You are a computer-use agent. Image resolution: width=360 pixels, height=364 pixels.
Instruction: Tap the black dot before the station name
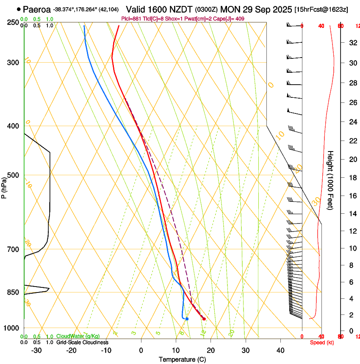[19, 9]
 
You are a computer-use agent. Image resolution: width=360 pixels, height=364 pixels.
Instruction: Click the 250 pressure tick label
[13, 22]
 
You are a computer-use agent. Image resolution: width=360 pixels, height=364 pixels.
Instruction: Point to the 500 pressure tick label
[13, 175]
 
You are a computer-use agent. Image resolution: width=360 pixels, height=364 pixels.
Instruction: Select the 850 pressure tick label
[13, 292]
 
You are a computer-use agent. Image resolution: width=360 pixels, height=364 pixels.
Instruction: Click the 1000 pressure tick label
[11, 328]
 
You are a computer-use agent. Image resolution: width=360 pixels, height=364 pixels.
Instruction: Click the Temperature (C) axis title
[182, 360]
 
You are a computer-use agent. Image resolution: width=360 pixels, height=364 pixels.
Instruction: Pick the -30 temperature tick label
[36, 350]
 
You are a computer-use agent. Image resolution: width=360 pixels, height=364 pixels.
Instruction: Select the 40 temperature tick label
[280, 350]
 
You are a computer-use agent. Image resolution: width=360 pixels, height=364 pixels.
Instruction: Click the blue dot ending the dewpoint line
[187, 319]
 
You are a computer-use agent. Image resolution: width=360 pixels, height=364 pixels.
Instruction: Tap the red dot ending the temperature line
[204, 319]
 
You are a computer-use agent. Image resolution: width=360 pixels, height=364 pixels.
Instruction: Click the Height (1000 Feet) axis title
[331, 180]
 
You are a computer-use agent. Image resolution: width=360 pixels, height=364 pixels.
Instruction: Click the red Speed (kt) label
[322, 342]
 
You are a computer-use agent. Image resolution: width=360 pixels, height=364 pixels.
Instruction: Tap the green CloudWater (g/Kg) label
[78, 336]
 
